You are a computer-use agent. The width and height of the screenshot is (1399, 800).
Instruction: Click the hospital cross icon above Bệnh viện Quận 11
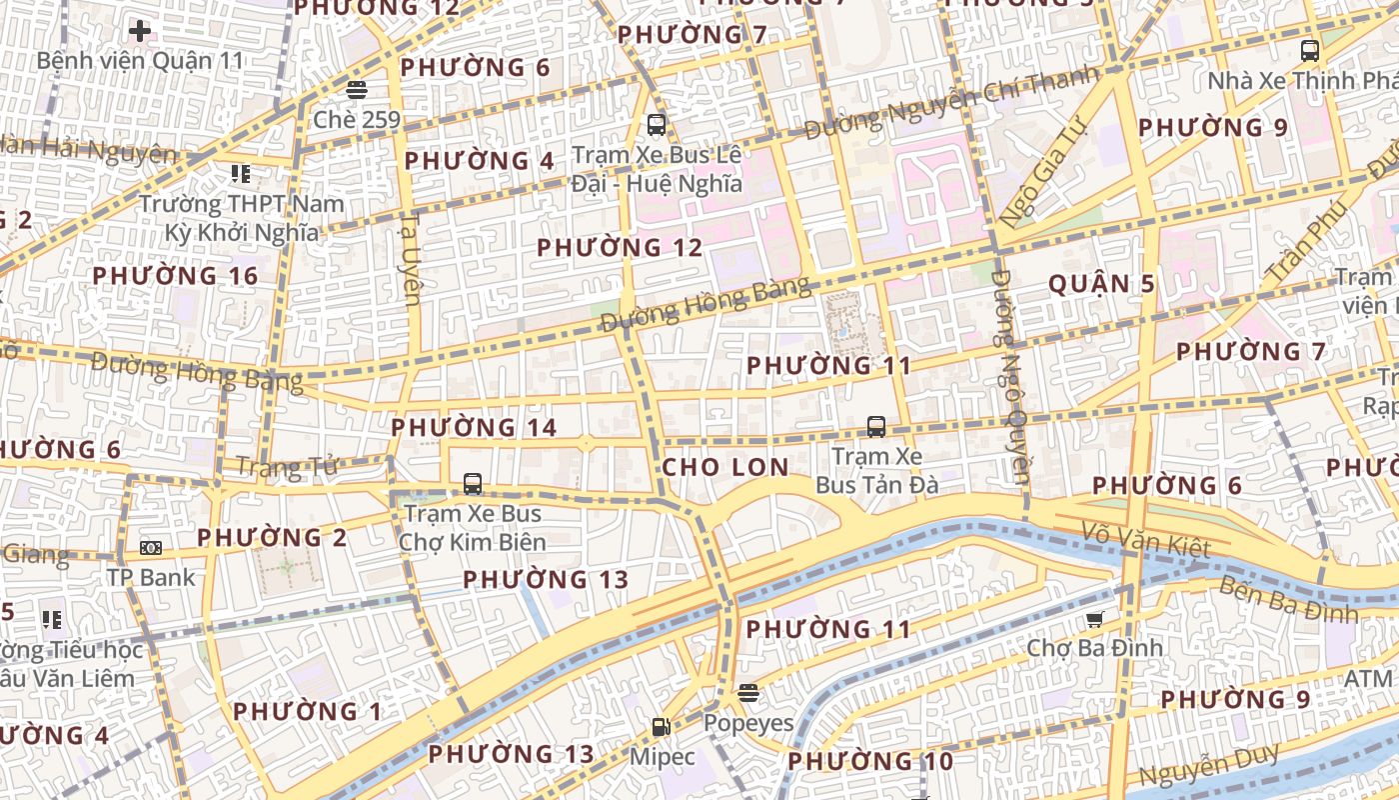pos(140,31)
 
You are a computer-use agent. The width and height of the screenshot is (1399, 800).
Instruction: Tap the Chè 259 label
pos(357,120)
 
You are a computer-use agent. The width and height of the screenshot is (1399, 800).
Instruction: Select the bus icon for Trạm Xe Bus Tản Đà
pos(876,427)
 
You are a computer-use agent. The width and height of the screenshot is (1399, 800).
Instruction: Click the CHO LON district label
pos(725,467)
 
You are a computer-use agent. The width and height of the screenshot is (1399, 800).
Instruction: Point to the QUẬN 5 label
pos(1101,284)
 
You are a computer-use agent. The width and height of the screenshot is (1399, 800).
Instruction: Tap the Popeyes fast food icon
pos(748,693)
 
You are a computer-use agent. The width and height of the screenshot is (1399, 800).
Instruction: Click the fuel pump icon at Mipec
pos(661,727)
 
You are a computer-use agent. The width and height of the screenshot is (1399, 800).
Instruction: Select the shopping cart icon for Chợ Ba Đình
pos(1095,620)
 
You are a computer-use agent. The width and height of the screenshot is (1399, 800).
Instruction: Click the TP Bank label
pos(152,577)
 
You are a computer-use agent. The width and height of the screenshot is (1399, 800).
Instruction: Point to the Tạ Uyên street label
pos(411,257)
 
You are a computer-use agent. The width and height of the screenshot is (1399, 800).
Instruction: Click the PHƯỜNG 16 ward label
pos(175,276)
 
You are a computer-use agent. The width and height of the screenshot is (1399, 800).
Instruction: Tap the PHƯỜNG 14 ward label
pos(474,428)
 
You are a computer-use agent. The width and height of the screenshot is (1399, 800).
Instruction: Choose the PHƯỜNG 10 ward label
pos(870,762)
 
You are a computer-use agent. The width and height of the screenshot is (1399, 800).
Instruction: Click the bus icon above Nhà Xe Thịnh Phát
pos(1309,50)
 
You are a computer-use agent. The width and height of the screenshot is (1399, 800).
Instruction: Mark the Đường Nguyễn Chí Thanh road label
pos(952,103)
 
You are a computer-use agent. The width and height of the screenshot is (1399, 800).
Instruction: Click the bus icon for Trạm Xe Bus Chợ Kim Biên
pos(473,485)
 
